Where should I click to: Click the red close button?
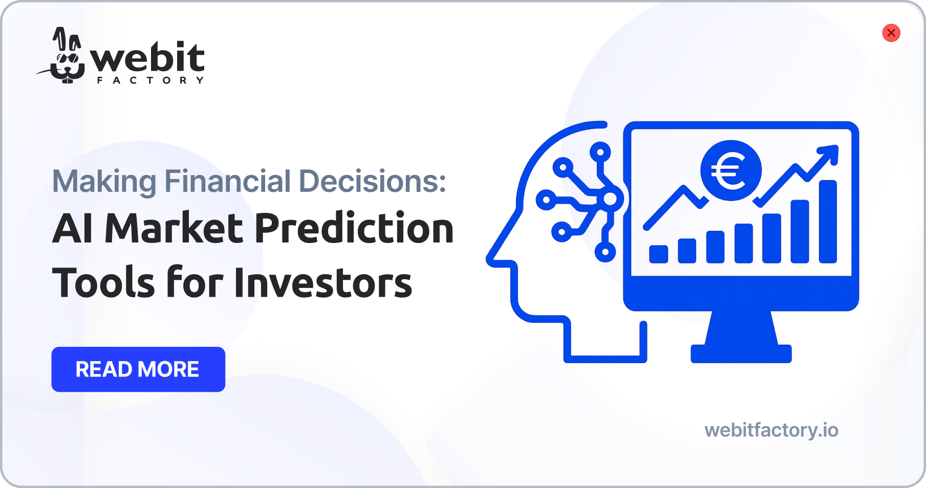click(x=891, y=33)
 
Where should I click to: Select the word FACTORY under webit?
click(x=150, y=80)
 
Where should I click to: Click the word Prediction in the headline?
click(x=354, y=228)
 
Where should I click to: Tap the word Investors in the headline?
click(x=323, y=282)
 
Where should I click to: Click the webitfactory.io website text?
click(x=771, y=430)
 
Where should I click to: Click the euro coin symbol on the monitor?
click(x=731, y=171)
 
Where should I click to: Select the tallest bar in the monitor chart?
click(x=828, y=221)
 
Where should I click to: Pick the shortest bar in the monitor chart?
click(x=658, y=254)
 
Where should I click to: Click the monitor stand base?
click(x=741, y=354)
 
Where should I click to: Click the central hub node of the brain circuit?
click(x=610, y=199)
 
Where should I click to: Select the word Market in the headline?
click(x=174, y=228)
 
